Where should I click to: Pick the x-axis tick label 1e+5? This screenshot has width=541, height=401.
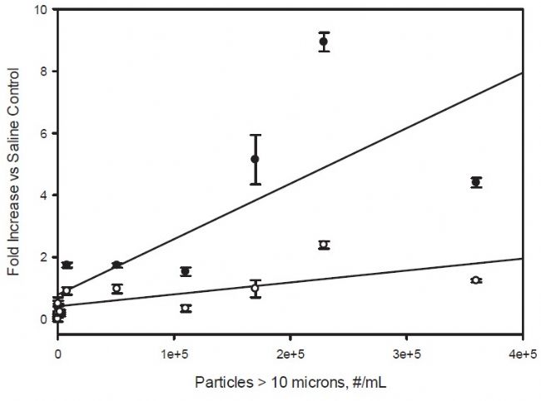point(173,354)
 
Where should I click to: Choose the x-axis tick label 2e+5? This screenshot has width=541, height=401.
point(290,354)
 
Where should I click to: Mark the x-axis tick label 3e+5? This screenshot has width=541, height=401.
point(406,354)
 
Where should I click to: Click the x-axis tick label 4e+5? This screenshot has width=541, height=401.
point(522,354)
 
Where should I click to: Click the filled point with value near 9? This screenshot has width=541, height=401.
point(324,42)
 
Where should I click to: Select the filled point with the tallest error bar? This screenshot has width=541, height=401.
point(256,159)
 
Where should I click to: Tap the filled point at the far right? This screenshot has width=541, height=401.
point(476,182)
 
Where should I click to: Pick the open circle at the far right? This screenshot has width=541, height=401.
point(476,280)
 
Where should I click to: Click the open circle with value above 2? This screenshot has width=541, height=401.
point(324,245)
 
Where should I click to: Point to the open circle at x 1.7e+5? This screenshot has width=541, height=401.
point(256,289)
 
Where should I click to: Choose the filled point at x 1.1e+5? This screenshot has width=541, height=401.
point(186,271)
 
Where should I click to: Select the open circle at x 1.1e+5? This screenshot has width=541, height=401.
point(186,309)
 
